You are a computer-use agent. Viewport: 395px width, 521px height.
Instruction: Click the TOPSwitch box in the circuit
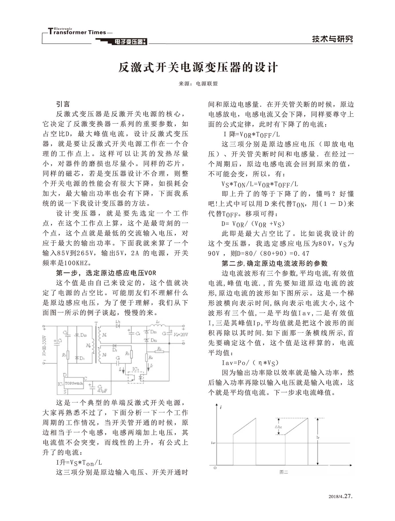pos(74,383)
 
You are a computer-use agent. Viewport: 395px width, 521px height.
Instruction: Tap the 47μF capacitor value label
pos(102,390)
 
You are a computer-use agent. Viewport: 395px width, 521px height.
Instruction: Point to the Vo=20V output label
pos(181,334)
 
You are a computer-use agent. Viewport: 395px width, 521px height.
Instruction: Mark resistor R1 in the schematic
pos(68,355)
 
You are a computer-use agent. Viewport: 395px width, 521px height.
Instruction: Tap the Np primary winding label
pos(88,346)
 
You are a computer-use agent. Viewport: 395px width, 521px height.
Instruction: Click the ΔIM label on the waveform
pos(278,427)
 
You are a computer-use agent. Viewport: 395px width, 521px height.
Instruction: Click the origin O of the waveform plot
pos(215,468)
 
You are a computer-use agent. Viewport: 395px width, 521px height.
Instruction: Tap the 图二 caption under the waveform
pos(283,472)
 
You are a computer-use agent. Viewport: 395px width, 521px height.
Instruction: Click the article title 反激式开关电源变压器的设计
pos(198,68)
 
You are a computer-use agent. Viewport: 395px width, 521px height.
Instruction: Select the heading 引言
pos(63,104)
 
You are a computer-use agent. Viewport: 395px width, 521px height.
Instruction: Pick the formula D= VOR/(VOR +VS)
pos(253,224)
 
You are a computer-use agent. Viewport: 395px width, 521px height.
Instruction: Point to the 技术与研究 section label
pos(332,39)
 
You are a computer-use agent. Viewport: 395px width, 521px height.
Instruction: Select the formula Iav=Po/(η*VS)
pos(250,363)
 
